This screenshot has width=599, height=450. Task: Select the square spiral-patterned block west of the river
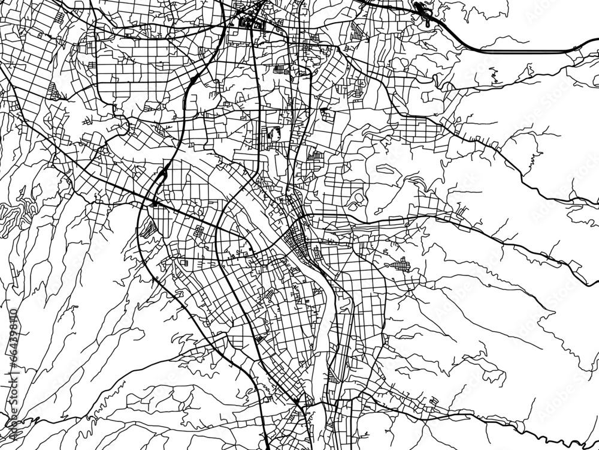click(198, 231)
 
